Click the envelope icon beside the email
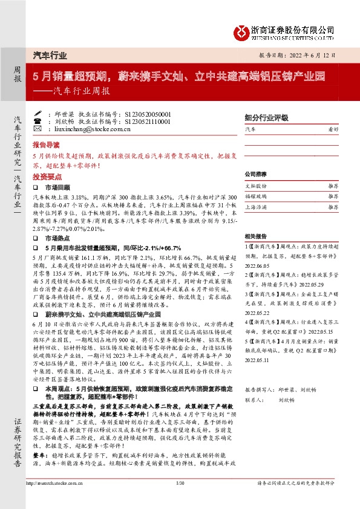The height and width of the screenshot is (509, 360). [x=38, y=129]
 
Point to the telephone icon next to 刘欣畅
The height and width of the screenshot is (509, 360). [x=38, y=121]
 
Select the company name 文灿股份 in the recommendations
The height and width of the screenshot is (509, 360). [x=255, y=186]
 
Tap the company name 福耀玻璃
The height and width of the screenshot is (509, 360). [x=255, y=196]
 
